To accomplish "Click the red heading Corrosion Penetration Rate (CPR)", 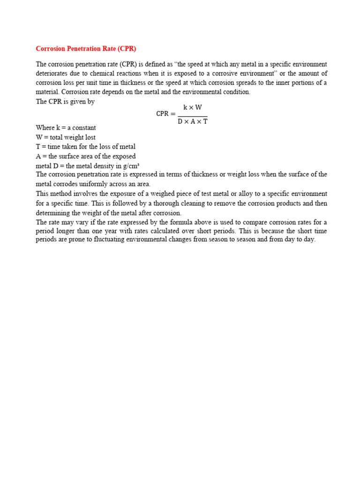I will [86, 49].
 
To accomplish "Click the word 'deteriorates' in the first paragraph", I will [53, 74].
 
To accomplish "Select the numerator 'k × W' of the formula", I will [193, 107].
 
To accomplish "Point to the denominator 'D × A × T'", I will [193, 121].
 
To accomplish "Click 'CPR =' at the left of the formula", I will [165, 114].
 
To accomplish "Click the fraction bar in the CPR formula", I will [193, 116].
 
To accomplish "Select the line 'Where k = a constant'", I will [66, 128].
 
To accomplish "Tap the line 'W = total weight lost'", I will [66, 137].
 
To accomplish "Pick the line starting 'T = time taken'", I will [86, 147].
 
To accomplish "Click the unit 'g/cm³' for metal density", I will [131, 165].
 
